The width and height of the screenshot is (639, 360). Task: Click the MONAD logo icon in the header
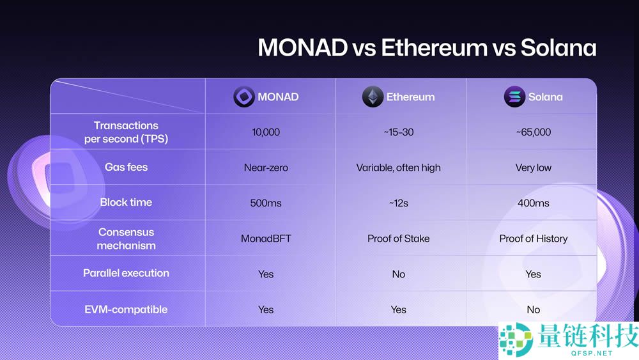pyautogui.click(x=243, y=97)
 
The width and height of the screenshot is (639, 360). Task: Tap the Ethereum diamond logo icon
pyautogui.click(x=373, y=97)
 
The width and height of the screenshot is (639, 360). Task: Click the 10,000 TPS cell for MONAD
pyautogui.click(x=266, y=132)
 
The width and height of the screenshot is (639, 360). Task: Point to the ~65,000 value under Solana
pyautogui.click(x=533, y=132)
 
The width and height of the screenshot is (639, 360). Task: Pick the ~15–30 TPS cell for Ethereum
pyautogui.click(x=398, y=132)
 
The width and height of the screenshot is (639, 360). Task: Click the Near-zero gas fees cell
pyautogui.click(x=266, y=168)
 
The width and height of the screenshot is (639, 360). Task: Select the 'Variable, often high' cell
pyautogui.click(x=398, y=168)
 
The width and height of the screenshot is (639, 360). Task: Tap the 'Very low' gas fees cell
pyautogui.click(x=533, y=168)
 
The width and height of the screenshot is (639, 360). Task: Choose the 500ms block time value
pyautogui.click(x=266, y=203)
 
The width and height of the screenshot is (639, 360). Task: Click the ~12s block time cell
pyautogui.click(x=398, y=203)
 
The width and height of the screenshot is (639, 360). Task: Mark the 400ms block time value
pyautogui.click(x=533, y=203)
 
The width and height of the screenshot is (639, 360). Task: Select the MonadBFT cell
pyautogui.click(x=266, y=239)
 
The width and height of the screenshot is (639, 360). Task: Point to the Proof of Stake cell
pyautogui.click(x=398, y=239)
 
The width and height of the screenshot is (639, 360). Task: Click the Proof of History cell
pyautogui.click(x=533, y=239)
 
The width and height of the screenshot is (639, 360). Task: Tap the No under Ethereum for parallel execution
pyautogui.click(x=398, y=274)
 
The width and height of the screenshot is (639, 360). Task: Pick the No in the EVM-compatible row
pyautogui.click(x=533, y=309)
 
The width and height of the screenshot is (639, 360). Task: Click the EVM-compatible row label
pyautogui.click(x=126, y=309)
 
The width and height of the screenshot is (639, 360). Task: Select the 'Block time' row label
pyautogui.click(x=126, y=202)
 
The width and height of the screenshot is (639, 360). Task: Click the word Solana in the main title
pyautogui.click(x=558, y=49)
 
